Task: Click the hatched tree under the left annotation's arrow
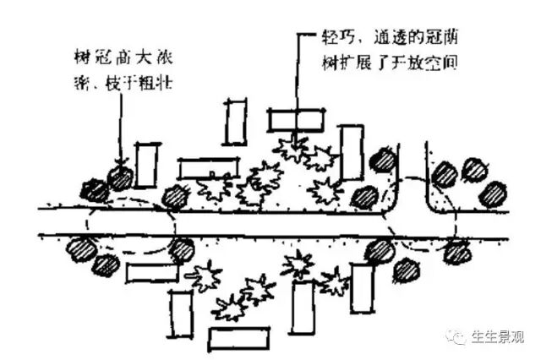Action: click(121, 177)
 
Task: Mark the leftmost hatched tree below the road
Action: click(83, 249)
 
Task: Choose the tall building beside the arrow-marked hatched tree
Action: click(146, 166)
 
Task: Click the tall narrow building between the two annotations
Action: click(235, 122)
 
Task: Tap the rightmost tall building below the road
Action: click(362, 287)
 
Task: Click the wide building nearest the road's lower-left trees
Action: click(152, 273)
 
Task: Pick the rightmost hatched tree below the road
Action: click(457, 251)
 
